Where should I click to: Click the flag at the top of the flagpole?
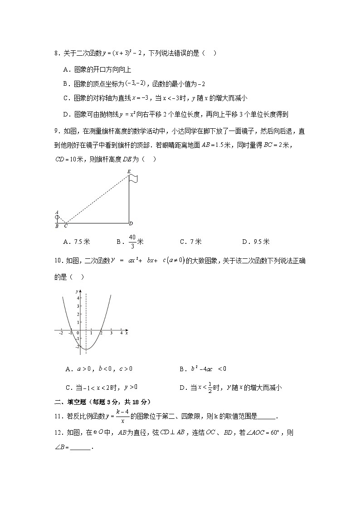(x=133, y=179)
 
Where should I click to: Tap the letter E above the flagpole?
(x=129, y=171)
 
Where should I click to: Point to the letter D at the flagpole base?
(x=131, y=223)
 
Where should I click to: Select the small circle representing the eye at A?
(x=57, y=217)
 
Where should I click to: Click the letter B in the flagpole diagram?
(x=57, y=226)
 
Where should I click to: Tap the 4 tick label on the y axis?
(x=78, y=298)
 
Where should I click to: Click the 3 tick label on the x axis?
(x=111, y=334)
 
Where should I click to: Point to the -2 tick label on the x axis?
(x=61, y=334)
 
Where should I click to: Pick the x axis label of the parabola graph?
(x=126, y=333)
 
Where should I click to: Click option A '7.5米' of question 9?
(x=78, y=242)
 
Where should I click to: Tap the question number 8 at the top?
(x=56, y=53)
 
